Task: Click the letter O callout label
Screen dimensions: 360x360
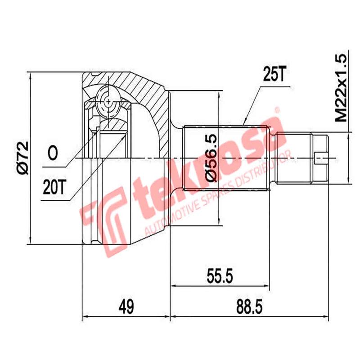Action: click(x=53, y=153)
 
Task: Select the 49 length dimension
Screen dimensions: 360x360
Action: click(x=126, y=307)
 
